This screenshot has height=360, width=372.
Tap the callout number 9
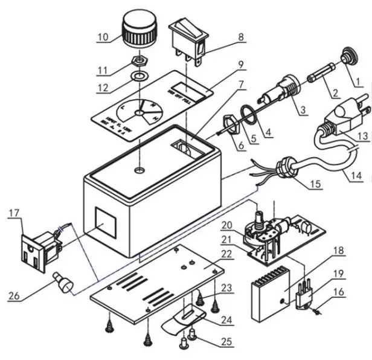click(240, 63)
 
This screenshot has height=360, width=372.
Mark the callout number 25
click(226, 342)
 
